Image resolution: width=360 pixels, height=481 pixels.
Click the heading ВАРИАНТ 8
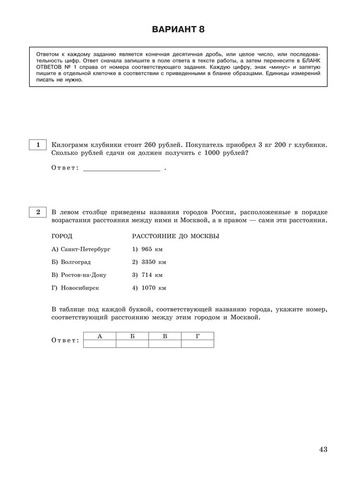tap(178, 30)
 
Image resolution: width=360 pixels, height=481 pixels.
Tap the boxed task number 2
tap(37, 212)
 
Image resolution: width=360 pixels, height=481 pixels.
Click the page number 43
tap(323, 449)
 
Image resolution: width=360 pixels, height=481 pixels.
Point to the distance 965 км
tap(149, 250)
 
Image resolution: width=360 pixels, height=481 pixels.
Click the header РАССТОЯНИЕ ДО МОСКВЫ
tap(175, 237)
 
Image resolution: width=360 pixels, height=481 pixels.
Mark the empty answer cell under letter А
tap(99, 343)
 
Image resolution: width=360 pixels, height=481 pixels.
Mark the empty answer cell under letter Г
tap(198, 343)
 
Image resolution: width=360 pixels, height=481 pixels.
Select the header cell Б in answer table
tap(132, 336)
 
